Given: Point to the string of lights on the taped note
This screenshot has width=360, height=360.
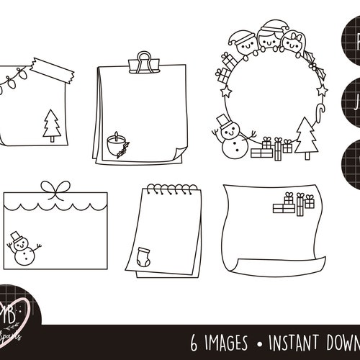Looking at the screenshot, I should (16, 78).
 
